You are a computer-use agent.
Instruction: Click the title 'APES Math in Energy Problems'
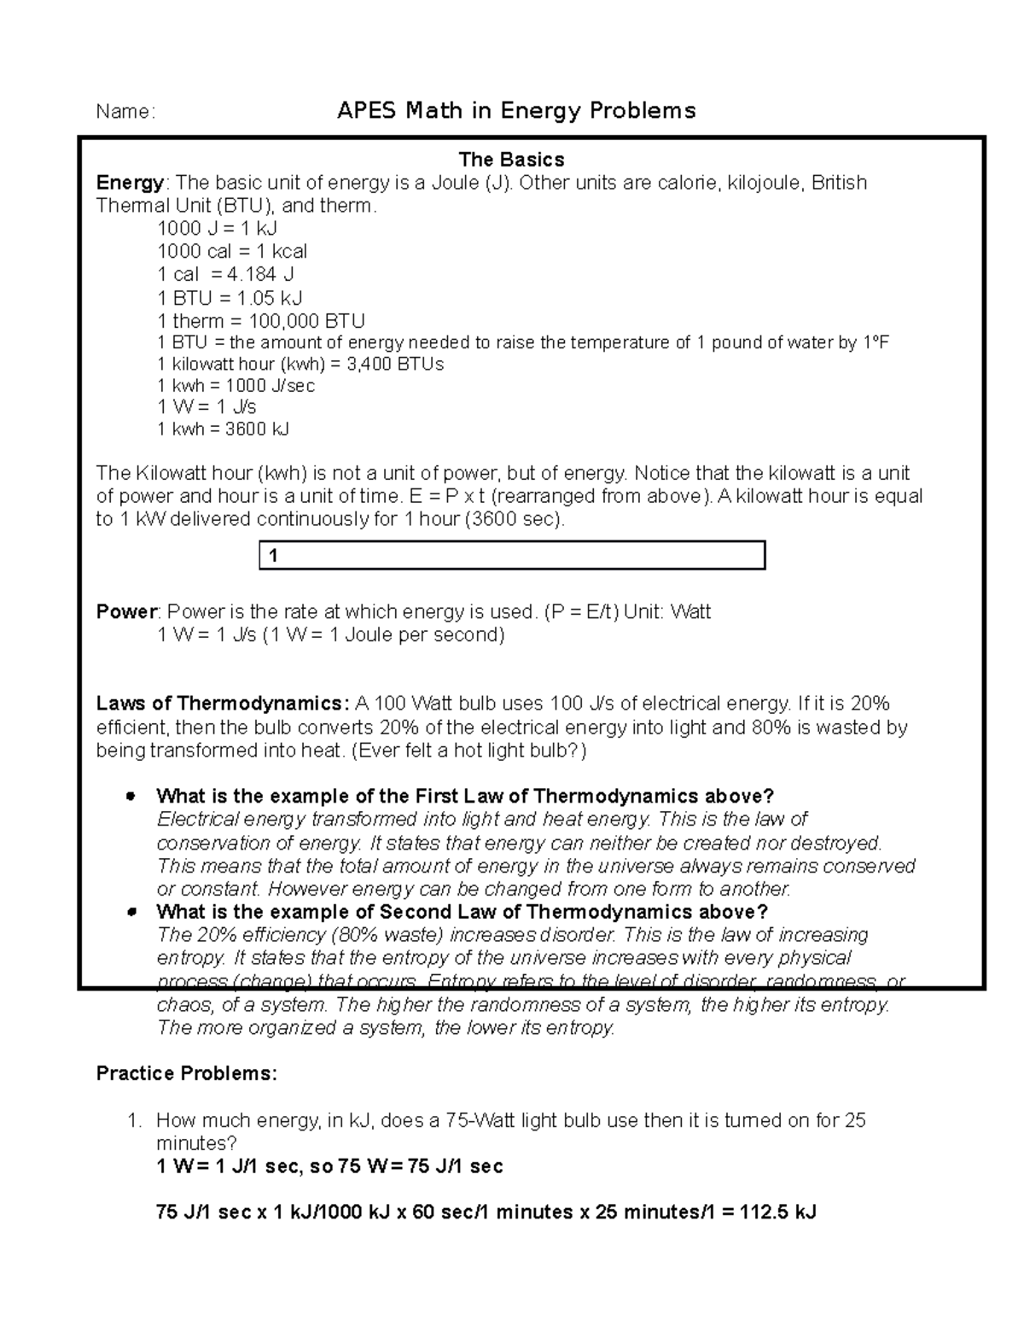(x=516, y=111)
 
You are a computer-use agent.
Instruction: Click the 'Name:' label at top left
(x=125, y=112)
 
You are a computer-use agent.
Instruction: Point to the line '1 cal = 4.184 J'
(x=225, y=274)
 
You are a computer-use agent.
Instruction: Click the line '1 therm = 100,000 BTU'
(x=261, y=321)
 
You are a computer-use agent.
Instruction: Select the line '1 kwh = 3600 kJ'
(x=224, y=429)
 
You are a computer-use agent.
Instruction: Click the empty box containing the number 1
(x=512, y=556)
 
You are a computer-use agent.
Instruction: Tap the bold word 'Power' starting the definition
(x=126, y=612)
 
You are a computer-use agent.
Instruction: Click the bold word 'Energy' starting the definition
(x=130, y=183)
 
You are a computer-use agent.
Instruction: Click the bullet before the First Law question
(x=131, y=796)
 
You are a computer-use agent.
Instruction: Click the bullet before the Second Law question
(x=131, y=912)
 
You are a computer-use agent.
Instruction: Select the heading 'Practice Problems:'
(x=187, y=1073)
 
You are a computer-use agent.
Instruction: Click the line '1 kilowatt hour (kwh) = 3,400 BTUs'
(x=300, y=364)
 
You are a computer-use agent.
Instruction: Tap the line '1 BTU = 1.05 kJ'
(x=230, y=298)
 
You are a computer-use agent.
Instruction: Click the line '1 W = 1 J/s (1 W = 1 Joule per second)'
(x=331, y=635)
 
